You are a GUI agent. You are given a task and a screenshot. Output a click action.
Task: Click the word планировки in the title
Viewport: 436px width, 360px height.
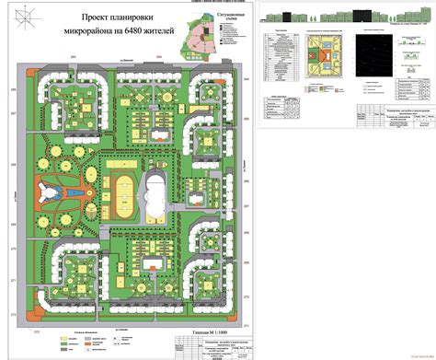134,17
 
